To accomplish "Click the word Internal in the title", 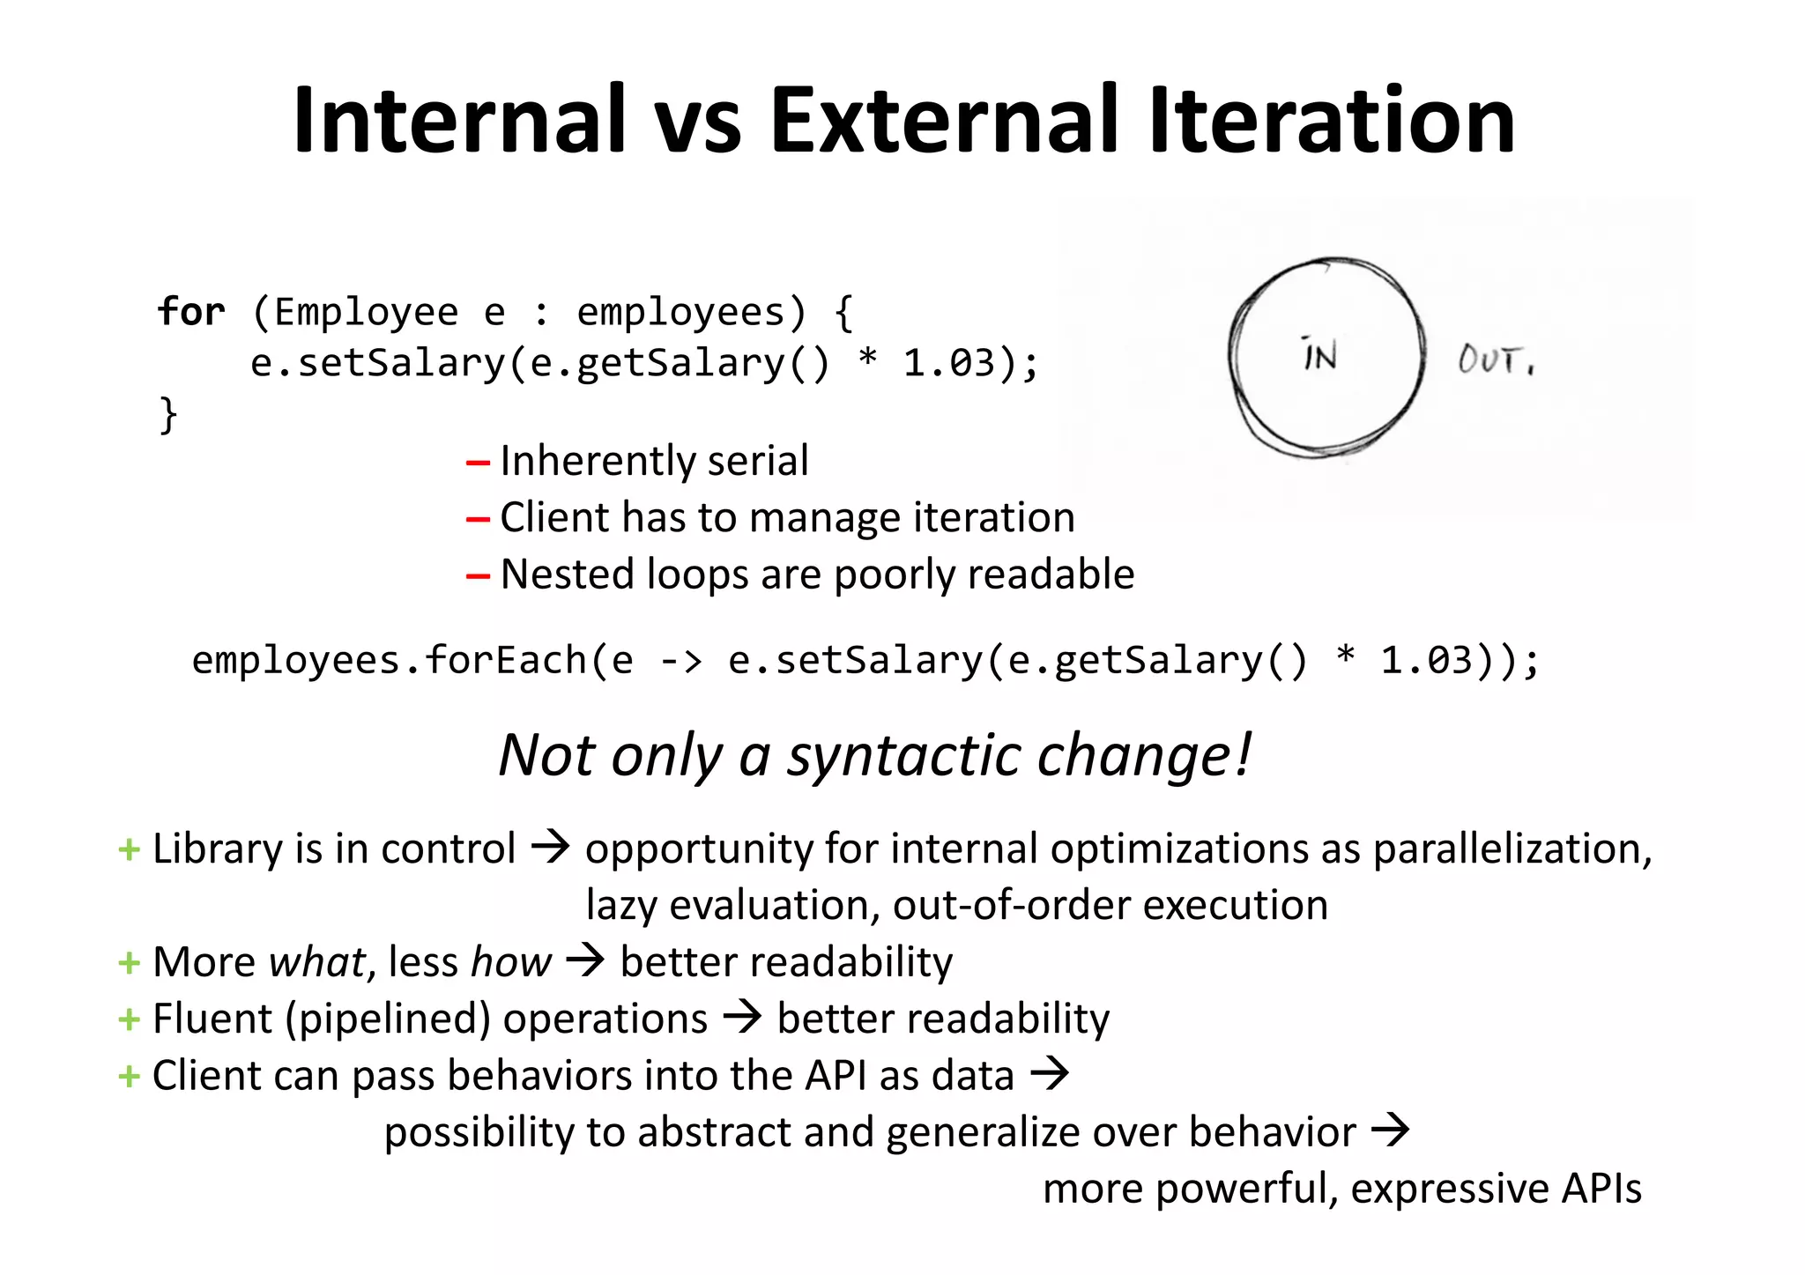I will coord(458,121).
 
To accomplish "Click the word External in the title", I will coord(943,121).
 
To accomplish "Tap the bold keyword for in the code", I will coord(190,312).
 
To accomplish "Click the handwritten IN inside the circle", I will coord(1319,355).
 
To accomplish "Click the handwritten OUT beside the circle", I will coord(1494,360).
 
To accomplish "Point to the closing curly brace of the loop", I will coord(167,414).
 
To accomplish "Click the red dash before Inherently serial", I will coord(478,463).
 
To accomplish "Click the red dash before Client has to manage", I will coord(478,520).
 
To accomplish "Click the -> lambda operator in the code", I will coord(680,661).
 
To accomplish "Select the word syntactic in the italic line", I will coord(902,756).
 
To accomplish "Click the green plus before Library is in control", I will coord(129,850).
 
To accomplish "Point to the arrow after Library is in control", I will coord(551,848).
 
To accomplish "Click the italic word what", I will coord(316,962).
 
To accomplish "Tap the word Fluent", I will coord(212,1019).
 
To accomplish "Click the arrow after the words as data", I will coord(1050,1074).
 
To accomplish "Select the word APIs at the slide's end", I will coord(1601,1189).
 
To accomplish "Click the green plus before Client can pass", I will coord(129,1077).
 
